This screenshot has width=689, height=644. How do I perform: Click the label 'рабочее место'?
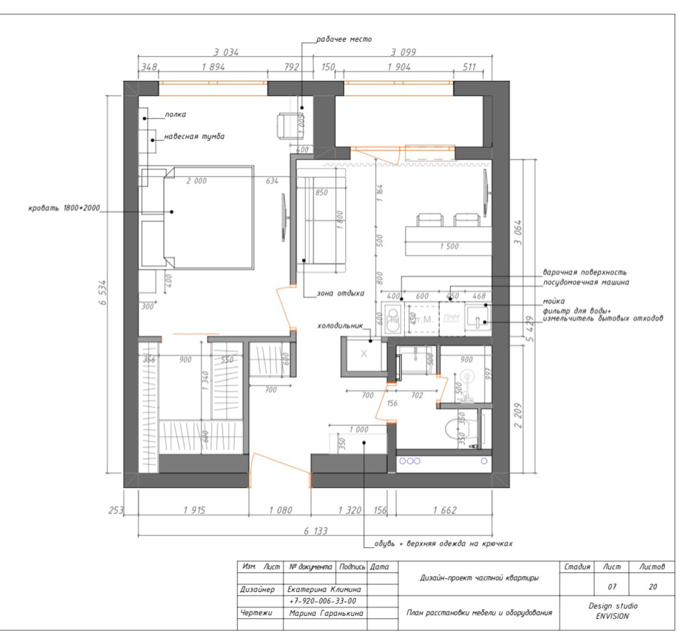click(343, 40)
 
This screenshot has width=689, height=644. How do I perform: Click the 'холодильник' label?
click(340, 326)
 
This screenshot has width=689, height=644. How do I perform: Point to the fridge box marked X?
click(363, 354)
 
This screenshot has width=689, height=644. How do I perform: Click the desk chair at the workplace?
click(288, 125)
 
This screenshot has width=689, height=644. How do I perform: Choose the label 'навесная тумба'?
click(194, 137)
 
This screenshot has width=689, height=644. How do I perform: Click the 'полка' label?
click(175, 114)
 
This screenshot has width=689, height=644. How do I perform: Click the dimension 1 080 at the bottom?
click(280, 510)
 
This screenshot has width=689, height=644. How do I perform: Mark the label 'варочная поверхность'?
click(584, 272)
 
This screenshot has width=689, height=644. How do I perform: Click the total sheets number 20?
click(653, 587)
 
